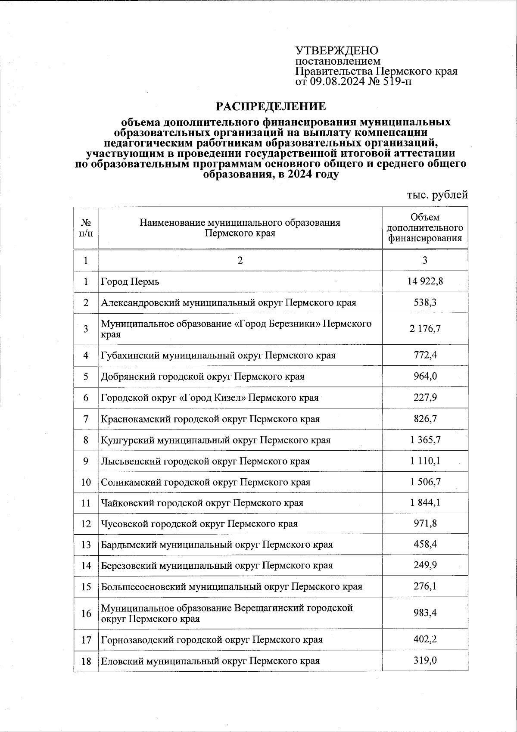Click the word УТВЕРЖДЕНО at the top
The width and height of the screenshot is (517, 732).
[336, 50]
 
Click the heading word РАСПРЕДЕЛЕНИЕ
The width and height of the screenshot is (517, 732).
[271, 106]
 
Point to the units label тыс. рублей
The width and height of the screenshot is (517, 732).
[437, 195]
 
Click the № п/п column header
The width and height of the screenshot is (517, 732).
[86, 227]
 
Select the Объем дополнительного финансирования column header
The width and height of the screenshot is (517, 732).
[425, 228]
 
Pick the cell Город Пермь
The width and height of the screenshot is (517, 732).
[130, 282]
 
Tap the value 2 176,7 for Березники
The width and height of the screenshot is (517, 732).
[425, 329]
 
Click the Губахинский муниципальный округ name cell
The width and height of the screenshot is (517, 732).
[218, 355]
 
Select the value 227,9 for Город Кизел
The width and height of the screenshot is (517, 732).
[425, 397]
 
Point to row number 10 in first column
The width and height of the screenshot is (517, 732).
[86, 482]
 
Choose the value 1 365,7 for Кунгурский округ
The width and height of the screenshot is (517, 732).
[425, 440]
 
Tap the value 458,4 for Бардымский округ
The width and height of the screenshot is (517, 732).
[425, 545]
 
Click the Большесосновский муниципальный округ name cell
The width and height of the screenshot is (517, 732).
[231, 587]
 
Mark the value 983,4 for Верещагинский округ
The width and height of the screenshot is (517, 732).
[425, 613]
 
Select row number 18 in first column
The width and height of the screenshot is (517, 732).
[86, 661]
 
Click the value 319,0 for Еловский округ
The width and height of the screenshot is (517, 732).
[425, 660]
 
